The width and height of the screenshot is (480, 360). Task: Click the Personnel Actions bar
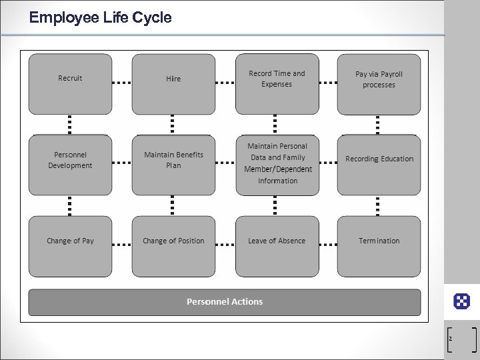[x=225, y=302]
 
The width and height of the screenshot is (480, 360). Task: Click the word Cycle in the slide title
[x=152, y=18]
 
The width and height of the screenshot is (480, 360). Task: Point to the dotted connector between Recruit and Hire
[x=121, y=83]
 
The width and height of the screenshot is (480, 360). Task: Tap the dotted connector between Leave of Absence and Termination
[x=328, y=245]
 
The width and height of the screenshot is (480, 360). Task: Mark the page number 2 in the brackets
[x=451, y=339]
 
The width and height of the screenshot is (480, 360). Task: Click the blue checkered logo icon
[x=461, y=301]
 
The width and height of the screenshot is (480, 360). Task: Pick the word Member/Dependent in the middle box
[x=278, y=169]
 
